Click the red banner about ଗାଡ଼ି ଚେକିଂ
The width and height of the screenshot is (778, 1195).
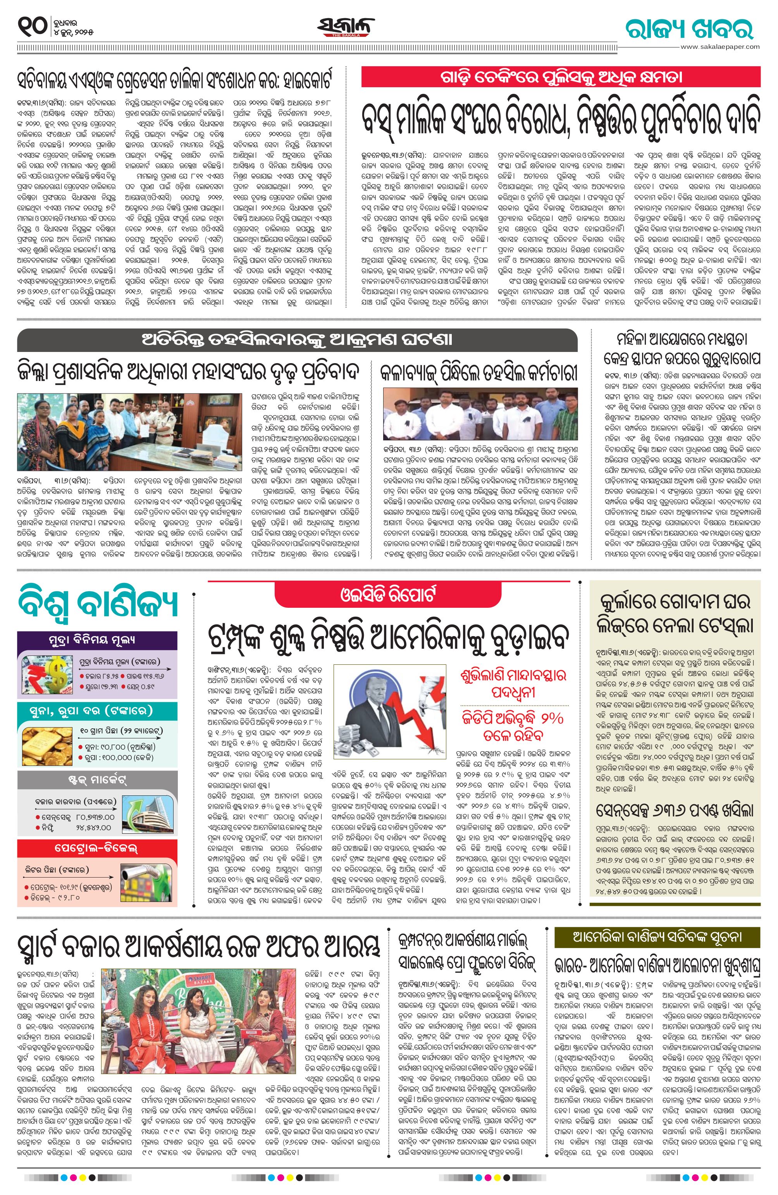click(560, 77)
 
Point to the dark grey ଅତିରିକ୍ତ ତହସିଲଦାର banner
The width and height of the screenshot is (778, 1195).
click(297, 340)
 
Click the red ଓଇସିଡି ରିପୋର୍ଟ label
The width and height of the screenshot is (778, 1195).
click(389, 595)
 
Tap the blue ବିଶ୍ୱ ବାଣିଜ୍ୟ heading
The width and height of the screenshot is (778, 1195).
click(98, 605)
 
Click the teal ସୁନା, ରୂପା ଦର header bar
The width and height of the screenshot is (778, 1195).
click(97, 710)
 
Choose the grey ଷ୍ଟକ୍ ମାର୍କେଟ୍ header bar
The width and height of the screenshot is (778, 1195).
click(97, 781)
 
